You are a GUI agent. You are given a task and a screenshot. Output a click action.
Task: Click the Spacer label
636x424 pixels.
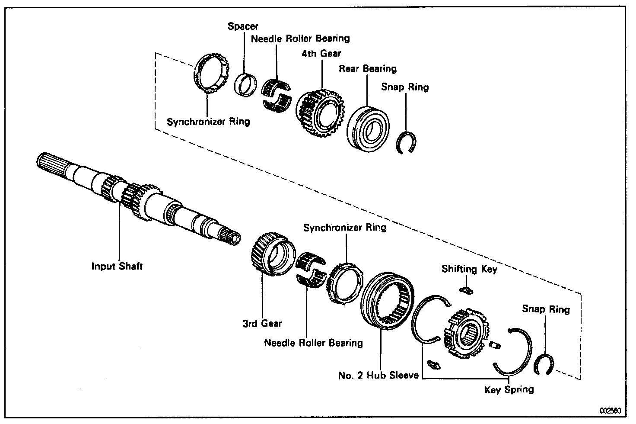click(243, 27)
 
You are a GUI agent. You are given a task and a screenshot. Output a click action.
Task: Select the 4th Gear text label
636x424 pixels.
click(321, 54)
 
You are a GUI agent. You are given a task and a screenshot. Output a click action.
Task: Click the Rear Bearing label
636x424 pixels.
click(367, 69)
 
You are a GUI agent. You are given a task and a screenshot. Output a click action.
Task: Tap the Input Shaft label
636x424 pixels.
click(117, 266)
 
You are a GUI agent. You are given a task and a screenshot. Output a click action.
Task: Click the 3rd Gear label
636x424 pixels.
click(262, 323)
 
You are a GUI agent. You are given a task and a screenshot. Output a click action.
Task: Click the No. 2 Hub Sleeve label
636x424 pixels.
click(378, 375)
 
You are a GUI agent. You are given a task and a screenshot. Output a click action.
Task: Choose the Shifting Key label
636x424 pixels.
click(469, 269)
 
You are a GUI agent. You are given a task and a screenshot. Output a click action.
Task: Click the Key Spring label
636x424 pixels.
click(509, 390)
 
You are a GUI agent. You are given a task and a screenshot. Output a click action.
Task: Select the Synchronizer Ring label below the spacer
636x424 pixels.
click(208, 122)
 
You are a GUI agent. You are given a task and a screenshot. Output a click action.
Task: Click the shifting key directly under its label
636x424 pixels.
click(466, 290)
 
